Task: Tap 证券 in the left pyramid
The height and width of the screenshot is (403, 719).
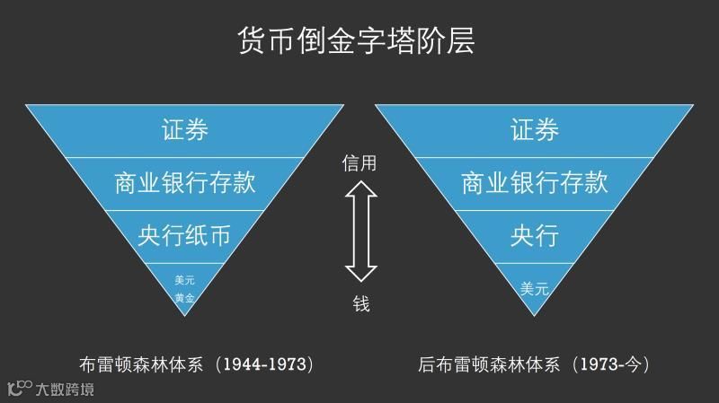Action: pyautogui.click(x=185, y=130)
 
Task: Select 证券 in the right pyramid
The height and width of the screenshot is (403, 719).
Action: pyautogui.click(x=534, y=130)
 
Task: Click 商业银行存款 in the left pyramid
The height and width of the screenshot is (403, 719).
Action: pyautogui.click(x=185, y=183)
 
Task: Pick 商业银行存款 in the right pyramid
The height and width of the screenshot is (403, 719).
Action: pyautogui.click(x=534, y=183)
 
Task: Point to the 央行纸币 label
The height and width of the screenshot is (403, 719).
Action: pyautogui.click(x=184, y=235)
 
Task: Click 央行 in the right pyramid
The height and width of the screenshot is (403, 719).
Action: pyautogui.click(x=534, y=235)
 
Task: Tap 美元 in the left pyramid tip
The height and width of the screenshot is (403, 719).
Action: pyautogui.click(x=184, y=280)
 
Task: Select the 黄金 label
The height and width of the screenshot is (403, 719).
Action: pyautogui.click(x=184, y=298)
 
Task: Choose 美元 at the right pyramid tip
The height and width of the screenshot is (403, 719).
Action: pyautogui.click(x=534, y=288)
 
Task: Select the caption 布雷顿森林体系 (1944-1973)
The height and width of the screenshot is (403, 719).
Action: pyautogui.click(x=196, y=364)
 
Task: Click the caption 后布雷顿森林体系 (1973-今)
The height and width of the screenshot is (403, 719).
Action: pyautogui.click(x=534, y=364)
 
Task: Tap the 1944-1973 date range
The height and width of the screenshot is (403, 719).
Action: pyautogui.click(x=267, y=364)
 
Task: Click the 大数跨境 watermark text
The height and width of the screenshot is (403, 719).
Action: pyautogui.click(x=64, y=390)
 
